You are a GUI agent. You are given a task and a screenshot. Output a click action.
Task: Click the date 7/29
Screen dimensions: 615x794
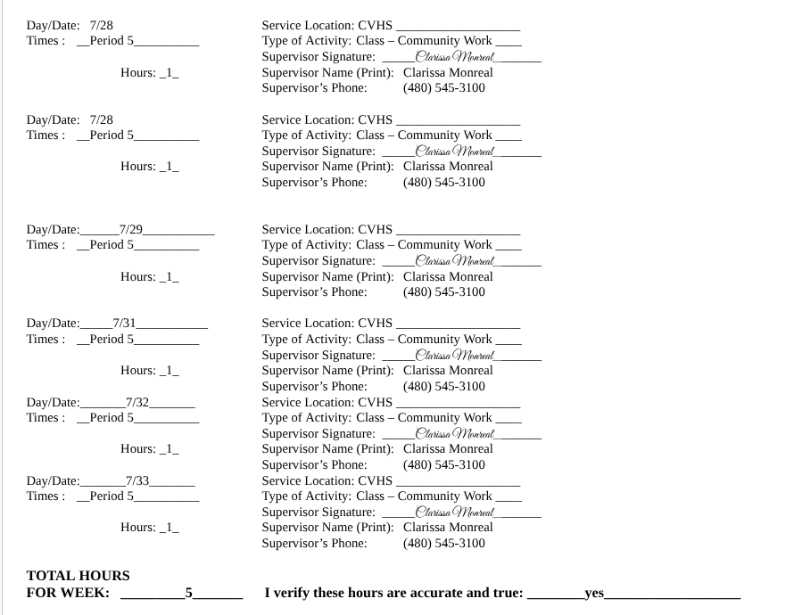point(131,229)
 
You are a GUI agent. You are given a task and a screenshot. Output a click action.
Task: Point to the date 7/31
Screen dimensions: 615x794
point(124,323)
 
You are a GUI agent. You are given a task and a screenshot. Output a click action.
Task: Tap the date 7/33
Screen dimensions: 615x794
point(137,480)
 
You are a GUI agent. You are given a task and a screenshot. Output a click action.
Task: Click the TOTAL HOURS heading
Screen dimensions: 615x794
point(79,576)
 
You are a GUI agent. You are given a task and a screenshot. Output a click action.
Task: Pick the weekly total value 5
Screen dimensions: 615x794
point(188,593)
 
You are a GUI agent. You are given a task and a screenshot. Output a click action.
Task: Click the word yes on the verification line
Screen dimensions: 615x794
point(594,593)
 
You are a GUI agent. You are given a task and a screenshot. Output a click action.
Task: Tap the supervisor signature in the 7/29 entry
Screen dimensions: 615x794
point(455,260)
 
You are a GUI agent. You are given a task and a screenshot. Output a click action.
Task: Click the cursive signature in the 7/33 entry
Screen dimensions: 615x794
point(455,512)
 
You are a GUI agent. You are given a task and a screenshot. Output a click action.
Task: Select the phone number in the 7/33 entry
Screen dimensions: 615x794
point(444,543)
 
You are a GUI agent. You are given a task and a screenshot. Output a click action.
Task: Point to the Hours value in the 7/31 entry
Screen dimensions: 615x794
point(169,370)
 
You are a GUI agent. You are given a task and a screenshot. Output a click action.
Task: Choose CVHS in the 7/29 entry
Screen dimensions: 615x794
point(375,229)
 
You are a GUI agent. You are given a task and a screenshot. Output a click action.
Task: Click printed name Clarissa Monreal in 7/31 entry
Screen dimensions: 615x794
point(448,370)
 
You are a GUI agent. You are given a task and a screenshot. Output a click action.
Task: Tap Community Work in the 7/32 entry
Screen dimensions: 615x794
point(445,417)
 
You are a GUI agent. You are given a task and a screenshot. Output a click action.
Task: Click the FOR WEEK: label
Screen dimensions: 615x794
point(68,593)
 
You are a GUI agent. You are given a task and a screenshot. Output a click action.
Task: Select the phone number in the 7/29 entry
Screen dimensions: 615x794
point(444,291)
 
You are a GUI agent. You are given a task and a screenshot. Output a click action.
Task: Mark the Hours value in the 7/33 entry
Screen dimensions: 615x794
point(169,527)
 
